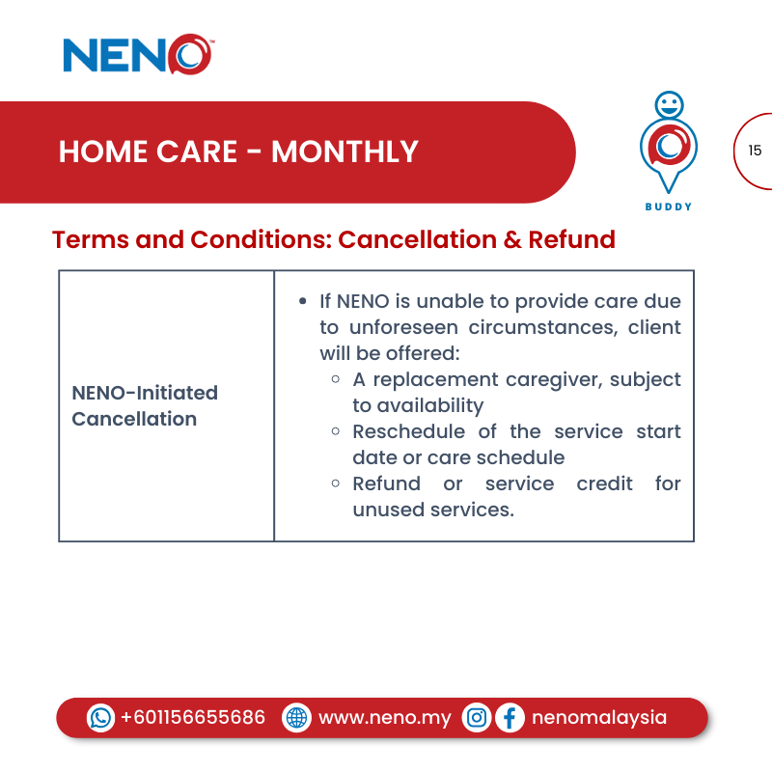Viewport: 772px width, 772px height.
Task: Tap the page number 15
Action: [x=755, y=151]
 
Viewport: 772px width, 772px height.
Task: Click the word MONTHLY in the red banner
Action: [x=345, y=152]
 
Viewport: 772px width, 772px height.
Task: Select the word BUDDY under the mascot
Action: [x=669, y=207]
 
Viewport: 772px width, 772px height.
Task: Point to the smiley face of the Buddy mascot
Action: [x=668, y=104]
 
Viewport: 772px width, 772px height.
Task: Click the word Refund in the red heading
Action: [x=571, y=239]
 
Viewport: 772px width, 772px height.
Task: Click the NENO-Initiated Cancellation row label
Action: [x=145, y=405]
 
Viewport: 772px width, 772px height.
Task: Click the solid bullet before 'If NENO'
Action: [x=304, y=302]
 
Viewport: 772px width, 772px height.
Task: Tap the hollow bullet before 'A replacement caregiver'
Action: [x=335, y=379]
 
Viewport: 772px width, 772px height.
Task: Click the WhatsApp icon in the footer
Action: [x=100, y=718]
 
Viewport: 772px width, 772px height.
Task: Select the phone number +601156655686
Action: [x=193, y=718]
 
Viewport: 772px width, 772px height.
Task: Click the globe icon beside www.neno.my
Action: [x=296, y=718]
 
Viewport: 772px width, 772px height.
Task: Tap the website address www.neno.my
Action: [x=384, y=718]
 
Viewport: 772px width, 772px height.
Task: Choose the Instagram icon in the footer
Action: [x=476, y=718]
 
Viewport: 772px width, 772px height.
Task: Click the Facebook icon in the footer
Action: [x=510, y=718]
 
